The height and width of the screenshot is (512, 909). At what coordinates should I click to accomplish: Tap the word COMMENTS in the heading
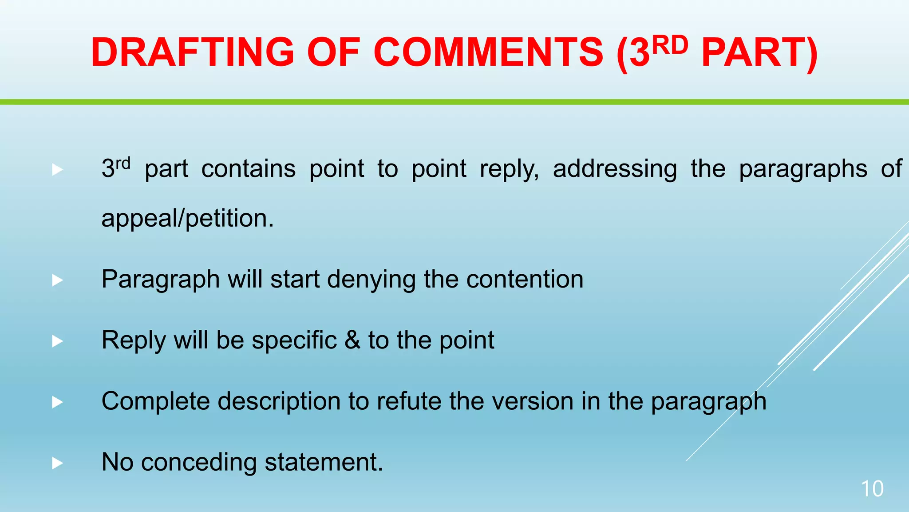(x=488, y=52)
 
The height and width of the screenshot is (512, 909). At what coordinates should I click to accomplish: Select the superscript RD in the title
(x=670, y=45)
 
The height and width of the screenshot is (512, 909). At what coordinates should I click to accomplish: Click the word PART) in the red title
(x=759, y=52)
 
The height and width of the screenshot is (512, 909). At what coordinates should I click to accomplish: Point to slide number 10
(x=872, y=489)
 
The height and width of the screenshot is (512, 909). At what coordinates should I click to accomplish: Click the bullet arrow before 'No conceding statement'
(x=57, y=463)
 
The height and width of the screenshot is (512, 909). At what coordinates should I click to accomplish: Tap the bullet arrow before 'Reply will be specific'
(x=57, y=341)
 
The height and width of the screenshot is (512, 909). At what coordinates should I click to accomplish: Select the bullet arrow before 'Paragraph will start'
(x=57, y=280)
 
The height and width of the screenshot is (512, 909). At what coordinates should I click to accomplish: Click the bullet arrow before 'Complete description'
(x=57, y=402)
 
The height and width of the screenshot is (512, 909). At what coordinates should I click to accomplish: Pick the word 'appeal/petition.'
(x=188, y=219)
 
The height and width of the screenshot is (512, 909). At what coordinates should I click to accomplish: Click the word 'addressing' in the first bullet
(x=615, y=169)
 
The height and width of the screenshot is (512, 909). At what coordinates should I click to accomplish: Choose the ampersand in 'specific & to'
(x=352, y=340)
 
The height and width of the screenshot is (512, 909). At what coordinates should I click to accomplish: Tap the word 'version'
(x=533, y=401)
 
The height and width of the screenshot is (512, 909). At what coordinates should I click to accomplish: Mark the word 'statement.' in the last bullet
(x=324, y=462)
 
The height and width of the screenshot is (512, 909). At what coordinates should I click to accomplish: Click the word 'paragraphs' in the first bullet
(x=803, y=169)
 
